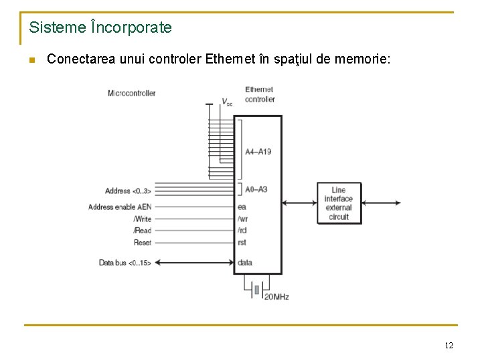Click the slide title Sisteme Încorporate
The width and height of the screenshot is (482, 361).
pyautogui.click(x=100, y=28)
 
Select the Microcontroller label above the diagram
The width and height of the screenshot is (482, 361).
pyautogui.click(x=132, y=93)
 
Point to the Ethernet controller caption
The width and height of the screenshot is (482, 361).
pyautogui.click(x=260, y=94)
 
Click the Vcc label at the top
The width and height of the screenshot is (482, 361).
pyautogui.click(x=228, y=102)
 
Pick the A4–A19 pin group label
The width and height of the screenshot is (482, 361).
pyautogui.click(x=258, y=152)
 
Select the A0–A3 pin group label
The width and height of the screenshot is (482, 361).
pyautogui.click(x=256, y=189)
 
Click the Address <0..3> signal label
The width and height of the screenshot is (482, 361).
pyautogui.click(x=128, y=191)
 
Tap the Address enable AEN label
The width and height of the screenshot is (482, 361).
pyautogui.click(x=120, y=207)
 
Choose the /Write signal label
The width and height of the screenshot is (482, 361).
pyautogui.click(x=142, y=219)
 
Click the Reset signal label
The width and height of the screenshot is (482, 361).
pyautogui.click(x=143, y=243)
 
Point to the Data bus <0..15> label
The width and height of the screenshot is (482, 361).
pyautogui.click(x=125, y=263)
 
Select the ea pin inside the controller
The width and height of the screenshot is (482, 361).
pyautogui.click(x=242, y=207)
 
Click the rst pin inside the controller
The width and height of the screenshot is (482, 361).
pyautogui.click(x=242, y=243)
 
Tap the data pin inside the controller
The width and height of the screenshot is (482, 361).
pyautogui.click(x=245, y=263)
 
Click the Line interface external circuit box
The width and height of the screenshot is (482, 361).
pyautogui.click(x=339, y=203)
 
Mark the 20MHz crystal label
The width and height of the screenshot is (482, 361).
pyautogui.click(x=276, y=296)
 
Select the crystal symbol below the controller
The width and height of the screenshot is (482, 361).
pyautogui.click(x=256, y=289)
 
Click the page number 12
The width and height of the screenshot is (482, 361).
pyautogui.click(x=449, y=346)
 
